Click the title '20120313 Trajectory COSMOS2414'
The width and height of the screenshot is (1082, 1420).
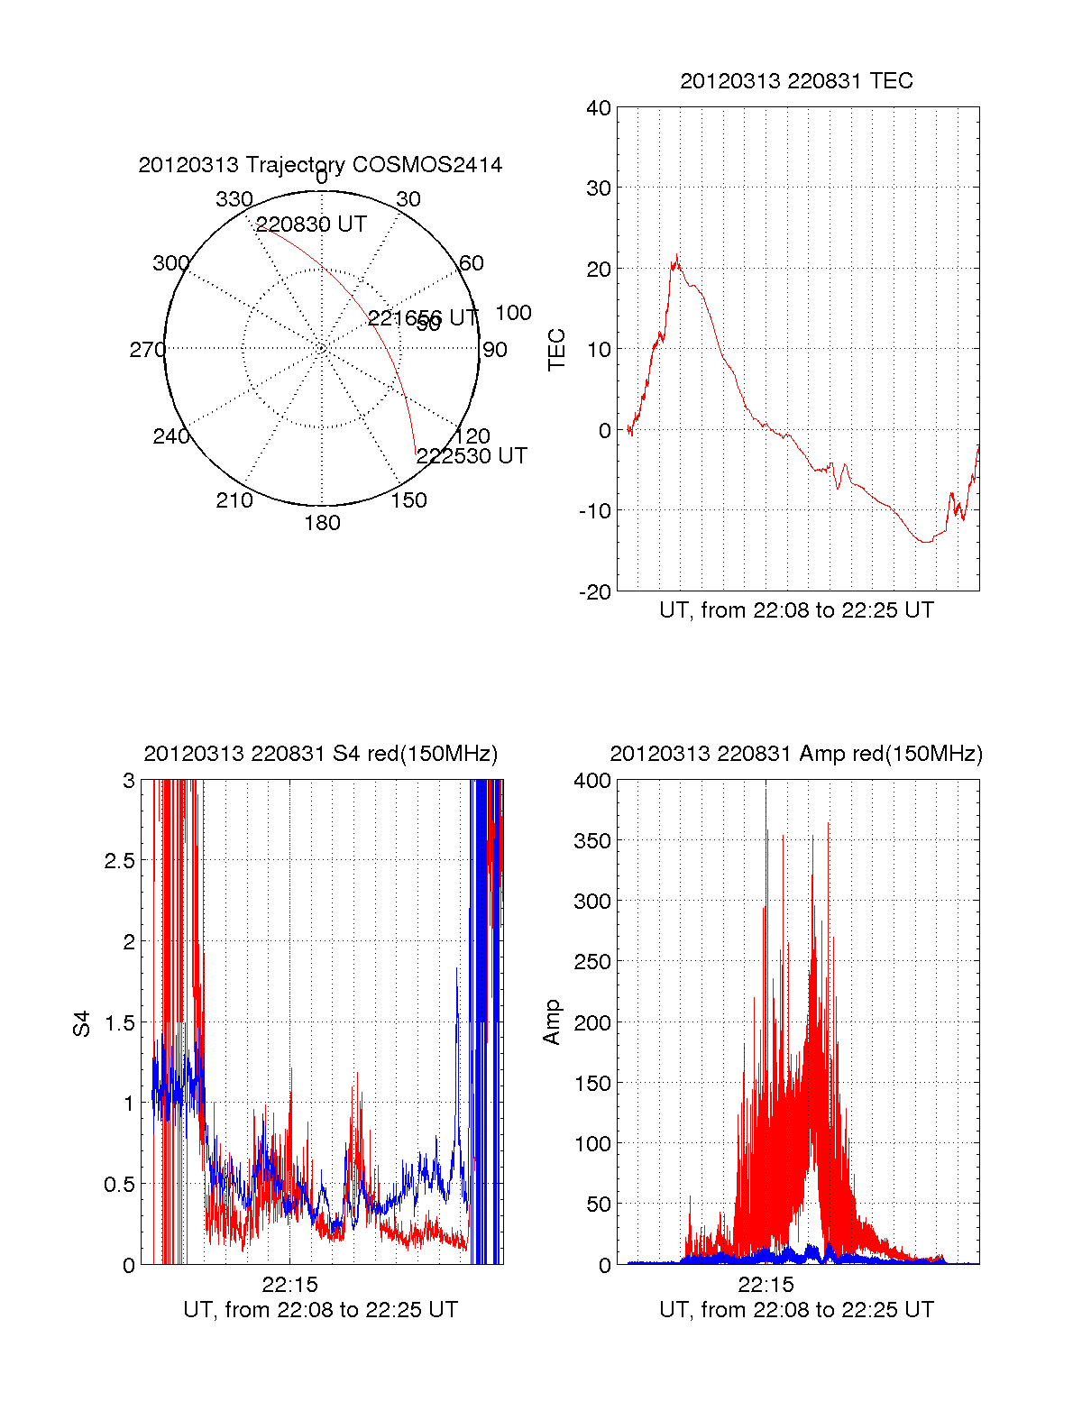320,165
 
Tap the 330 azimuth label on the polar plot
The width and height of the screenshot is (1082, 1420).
234,199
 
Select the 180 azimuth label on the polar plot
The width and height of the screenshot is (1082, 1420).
322,523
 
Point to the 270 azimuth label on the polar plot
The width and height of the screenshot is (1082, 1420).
147,350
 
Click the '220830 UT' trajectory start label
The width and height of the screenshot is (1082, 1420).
311,224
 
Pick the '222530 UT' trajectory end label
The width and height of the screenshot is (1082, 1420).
472,456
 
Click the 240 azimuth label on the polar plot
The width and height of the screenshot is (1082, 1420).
170,436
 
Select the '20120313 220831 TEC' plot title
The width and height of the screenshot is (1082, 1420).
796,81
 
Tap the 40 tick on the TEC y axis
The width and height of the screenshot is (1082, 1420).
599,108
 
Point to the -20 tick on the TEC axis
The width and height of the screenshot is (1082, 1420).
594,591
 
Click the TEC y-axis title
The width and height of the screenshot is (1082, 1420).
557,350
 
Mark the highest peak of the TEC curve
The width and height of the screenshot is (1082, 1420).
676,255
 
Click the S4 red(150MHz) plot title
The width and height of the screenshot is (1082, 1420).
320,754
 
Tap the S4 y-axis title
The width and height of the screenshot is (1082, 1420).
82,1023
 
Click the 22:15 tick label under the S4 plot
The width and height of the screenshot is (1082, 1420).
290,1284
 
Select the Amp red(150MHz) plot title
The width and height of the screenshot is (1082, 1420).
796,754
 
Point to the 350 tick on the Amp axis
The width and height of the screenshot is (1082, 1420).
591,840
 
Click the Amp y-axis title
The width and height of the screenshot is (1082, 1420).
552,1021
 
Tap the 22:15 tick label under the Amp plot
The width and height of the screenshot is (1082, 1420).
766,1284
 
